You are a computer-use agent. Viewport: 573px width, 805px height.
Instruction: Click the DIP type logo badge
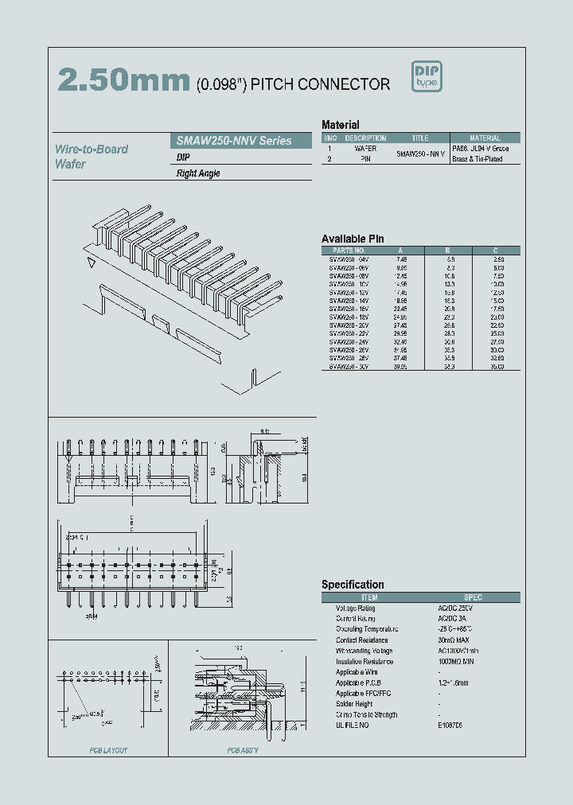coord(427,76)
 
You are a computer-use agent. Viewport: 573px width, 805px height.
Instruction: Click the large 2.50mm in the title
coord(123,80)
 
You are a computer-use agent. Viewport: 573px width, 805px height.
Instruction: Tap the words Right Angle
coord(198,173)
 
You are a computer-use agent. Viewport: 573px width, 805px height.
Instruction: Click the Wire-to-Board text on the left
coord(92,149)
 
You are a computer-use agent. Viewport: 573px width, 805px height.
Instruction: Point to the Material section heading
coord(340,125)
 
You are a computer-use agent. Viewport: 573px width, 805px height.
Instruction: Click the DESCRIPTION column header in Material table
coord(365,138)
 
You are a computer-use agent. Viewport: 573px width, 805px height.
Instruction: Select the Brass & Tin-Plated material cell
coord(477,159)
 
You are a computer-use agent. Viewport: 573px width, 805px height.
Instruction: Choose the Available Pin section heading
coord(353,239)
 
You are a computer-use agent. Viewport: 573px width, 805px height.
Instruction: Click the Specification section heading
coord(353,585)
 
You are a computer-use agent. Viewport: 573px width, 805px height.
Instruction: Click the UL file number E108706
coord(450,725)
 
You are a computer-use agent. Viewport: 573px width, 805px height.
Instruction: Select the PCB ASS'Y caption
coord(243,750)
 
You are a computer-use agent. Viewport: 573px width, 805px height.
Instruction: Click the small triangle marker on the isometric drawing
coord(92,262)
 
